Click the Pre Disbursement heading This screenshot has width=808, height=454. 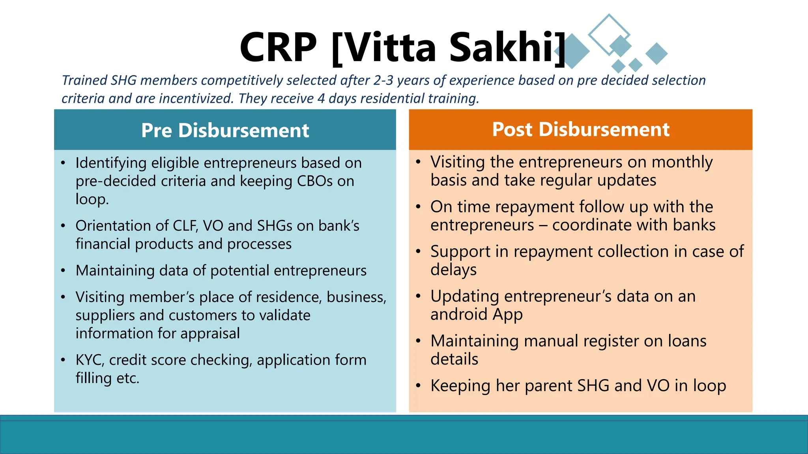pyautogui.click(x=225, y=130)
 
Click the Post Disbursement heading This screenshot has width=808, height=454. pyautogui.click(x=581, y=129)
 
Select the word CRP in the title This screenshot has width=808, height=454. pyautogui.click(x=278, y=47)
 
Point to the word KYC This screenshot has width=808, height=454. pyautogui.click(x=90, y=360)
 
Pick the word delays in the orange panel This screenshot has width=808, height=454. pyautogui.click(x=453, y=270)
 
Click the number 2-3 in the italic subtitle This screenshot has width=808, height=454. pyautogui.click(x=383, y=80)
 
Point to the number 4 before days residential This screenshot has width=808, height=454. pyautogui.click(x=321, y=99)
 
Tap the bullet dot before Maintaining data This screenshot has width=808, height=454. pyautogui.click(x=63, y=271)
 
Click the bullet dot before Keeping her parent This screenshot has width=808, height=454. pyautogui.click(x=418, y=386)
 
